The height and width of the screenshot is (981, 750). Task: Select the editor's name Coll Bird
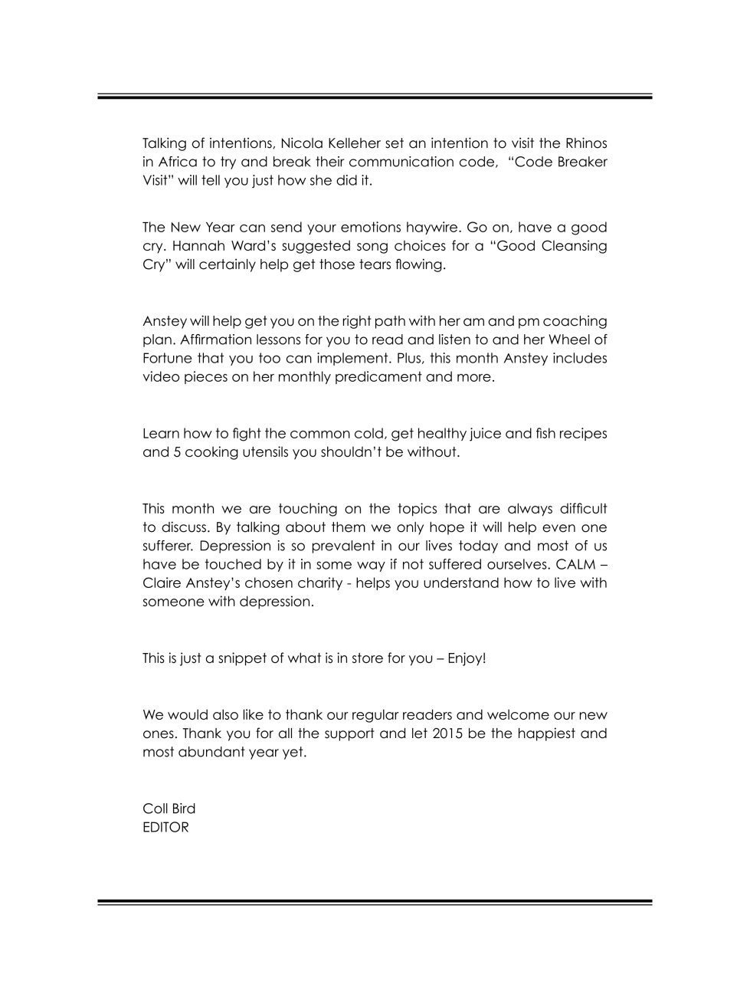[169, 809]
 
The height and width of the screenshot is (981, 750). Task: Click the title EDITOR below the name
[165, 827]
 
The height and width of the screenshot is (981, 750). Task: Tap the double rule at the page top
[375, 97]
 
